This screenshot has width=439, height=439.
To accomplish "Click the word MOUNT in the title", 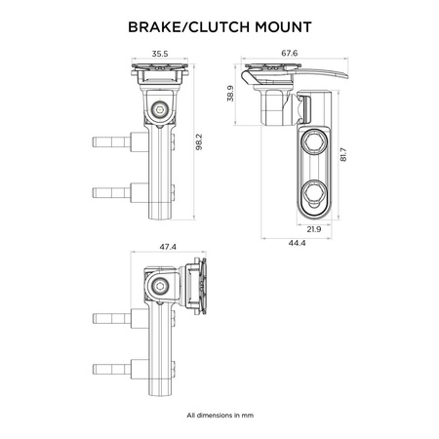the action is (284, 27).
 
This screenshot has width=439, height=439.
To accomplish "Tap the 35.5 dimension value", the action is (160, 54).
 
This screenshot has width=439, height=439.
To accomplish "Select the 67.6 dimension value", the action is (290, 53).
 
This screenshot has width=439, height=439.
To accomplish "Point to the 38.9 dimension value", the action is (230, 94).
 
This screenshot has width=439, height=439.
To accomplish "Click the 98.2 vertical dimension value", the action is (199, 141).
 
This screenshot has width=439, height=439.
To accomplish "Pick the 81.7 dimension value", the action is (343, 155).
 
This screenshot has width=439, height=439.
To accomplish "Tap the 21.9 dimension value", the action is (314, 229).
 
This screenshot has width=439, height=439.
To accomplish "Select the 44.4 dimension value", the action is (297, 243).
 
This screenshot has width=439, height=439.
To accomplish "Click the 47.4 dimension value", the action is (168, 247).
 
